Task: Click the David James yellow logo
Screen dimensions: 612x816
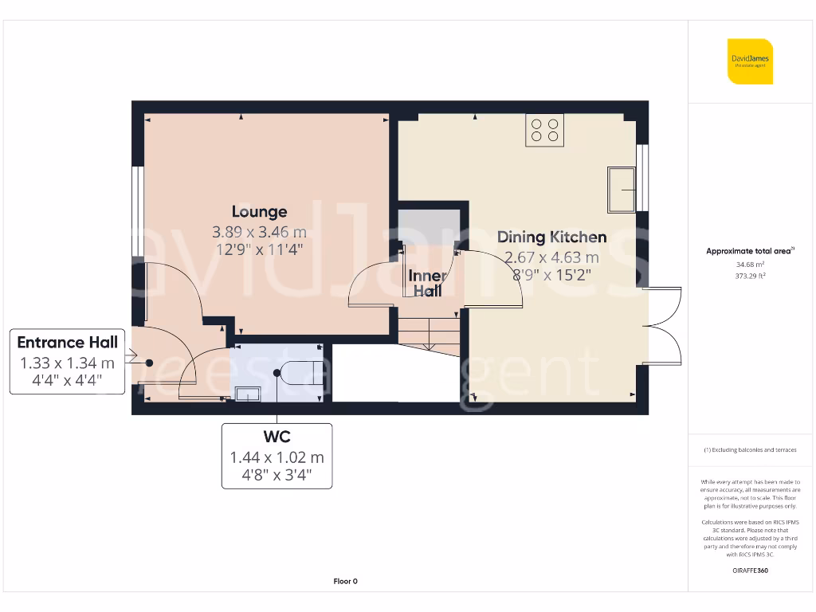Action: (750, 61)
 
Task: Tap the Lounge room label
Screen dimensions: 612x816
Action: (259, 212)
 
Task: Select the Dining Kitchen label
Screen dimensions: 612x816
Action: (551, 237)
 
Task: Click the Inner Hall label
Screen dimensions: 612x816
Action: (427, 284)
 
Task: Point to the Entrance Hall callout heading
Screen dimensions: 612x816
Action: (68, 343)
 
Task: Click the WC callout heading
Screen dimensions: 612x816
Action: (277, 437)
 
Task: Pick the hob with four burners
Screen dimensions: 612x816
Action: (545, 130)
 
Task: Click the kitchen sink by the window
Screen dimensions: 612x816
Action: (621, 190)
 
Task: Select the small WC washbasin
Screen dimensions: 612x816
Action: (246, 391)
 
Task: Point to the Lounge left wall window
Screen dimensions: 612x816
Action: (138, 211)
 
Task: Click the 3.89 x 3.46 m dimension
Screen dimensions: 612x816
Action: (259, 233)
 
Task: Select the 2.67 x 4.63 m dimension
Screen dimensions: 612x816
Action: (551, 257)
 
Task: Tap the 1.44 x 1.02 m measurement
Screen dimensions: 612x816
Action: (277, 458)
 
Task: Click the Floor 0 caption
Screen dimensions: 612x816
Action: (345, 582)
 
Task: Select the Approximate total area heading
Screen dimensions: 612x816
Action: (750, 251)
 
